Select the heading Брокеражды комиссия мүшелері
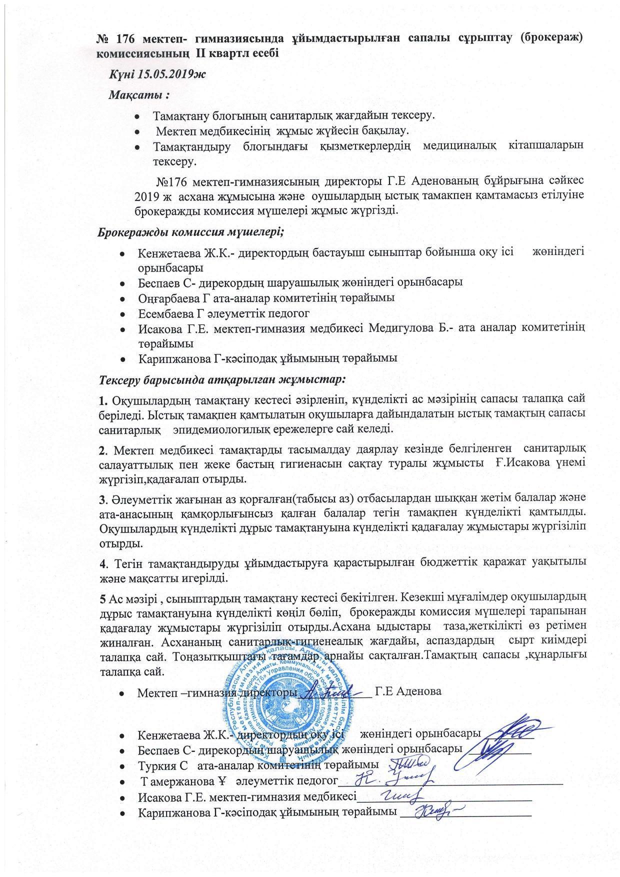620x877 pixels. (190, 232)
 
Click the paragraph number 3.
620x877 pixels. (102, 498)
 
